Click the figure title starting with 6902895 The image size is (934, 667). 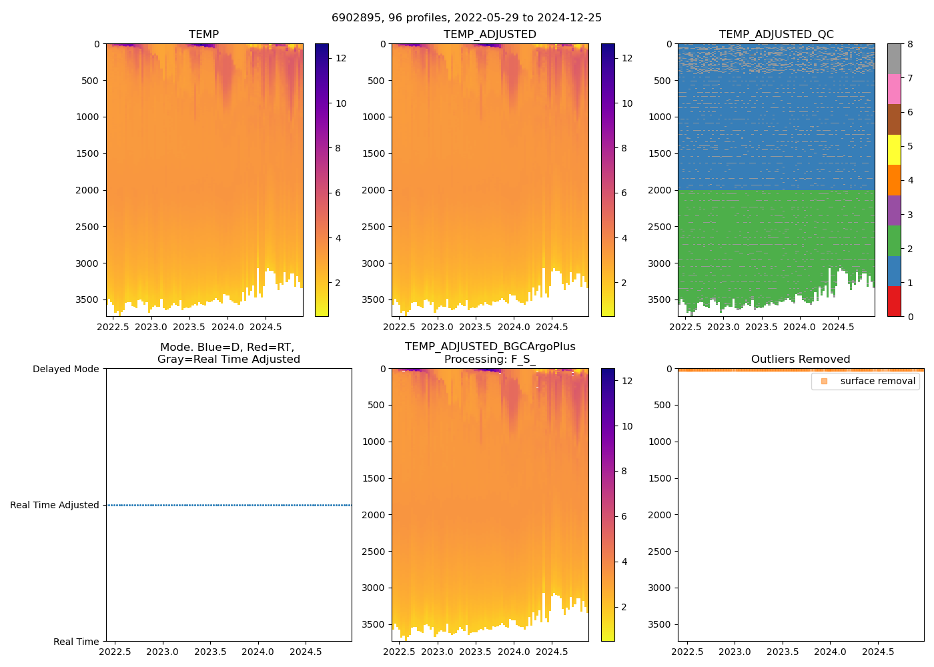click(x=466, y=18)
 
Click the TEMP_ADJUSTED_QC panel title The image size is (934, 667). click(x=776, y=35)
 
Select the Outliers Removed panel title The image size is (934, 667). click(x=801, y=360)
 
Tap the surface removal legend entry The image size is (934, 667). click(x=877, y=381)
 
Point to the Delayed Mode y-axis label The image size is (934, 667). click(x=65, y=369)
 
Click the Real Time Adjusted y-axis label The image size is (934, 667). click(x=55, y=505)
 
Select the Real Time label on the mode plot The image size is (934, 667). click(x=76, y=642)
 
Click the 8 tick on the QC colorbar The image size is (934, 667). click(x=911, y=44)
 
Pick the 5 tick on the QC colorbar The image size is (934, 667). click(x=911, y=146)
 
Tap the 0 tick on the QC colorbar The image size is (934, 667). click(x=911, y=316)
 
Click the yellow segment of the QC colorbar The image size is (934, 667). click(x=894, y=149)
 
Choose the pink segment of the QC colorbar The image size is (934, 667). click(x=894, y=89)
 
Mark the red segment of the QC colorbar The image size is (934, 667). click(x=894, y=301)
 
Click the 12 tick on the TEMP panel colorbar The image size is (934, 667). click(x=341, y=58)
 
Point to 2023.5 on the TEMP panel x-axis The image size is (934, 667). click(x=189, y=327)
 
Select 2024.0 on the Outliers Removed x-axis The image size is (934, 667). click(x=831, y=652)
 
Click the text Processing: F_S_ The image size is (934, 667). click(x=490, y=360)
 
